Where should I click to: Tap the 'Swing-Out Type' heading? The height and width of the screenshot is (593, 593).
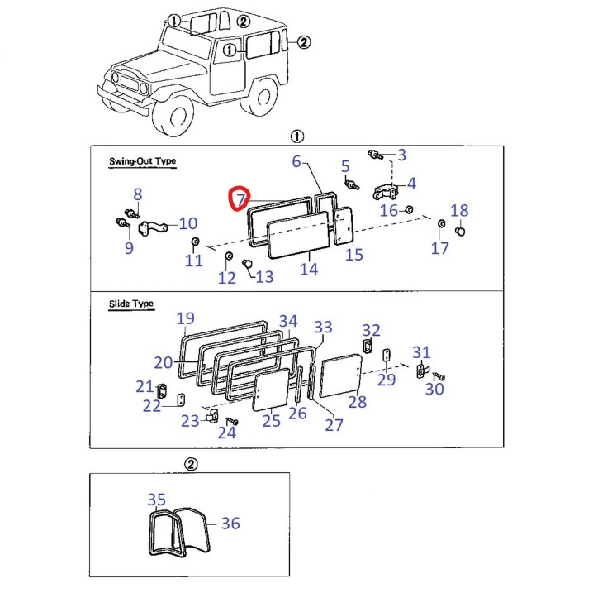point(142,161)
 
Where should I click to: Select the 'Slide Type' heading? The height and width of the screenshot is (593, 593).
point(131,304)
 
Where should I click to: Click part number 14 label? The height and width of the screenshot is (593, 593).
point(308,269)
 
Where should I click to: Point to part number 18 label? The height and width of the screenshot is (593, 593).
point(459,210)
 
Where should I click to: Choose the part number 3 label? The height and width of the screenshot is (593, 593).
point(401,155)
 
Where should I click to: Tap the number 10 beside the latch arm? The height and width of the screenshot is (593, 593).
point(188,222)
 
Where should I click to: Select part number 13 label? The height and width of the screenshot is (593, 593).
point(263,277)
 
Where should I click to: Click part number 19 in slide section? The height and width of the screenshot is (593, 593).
point(185,318)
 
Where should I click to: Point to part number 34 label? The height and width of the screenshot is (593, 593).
point(287,321)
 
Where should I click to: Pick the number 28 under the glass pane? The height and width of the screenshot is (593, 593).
point(357,402)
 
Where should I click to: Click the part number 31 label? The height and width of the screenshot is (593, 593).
point(421,353)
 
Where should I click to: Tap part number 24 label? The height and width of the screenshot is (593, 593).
point(226,432)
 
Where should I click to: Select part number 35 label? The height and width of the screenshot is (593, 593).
point(156,500)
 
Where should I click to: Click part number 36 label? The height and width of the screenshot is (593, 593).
point(230,523)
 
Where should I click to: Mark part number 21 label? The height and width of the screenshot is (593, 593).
point(145,386)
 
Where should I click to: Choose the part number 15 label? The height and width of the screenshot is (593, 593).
point(353,255)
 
